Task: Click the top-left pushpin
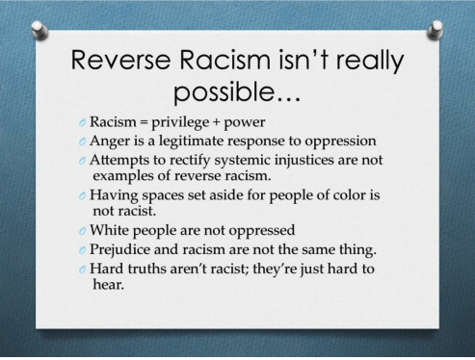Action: [x=40, y=30]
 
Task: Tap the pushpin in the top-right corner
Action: [x=435, y=30]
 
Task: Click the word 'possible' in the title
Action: [x=224, y=92]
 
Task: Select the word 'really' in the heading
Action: [x=370, y=61]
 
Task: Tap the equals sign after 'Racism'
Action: [x=144, y=123]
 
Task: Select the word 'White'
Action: [x=109, y=230]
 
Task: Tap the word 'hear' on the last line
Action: [x=107, y=284]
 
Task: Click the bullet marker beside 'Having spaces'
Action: [x=82, y=195]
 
